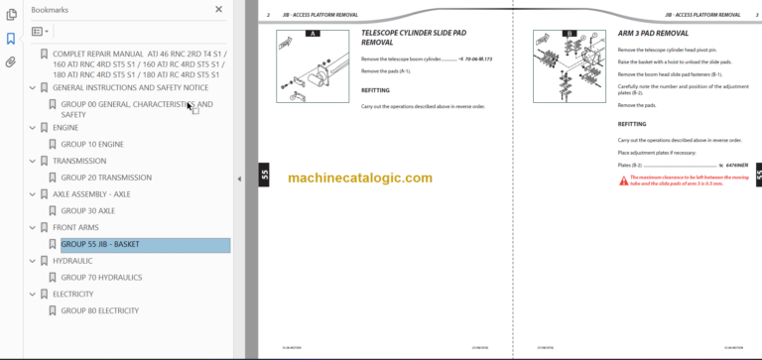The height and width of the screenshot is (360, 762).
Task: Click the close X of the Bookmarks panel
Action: pos(219,9)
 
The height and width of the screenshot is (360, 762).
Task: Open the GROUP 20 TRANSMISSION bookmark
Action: pos(106,178)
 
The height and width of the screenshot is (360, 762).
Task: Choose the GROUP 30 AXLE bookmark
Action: pos(87,211)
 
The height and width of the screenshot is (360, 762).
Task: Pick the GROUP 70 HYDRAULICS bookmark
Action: pos(101,278)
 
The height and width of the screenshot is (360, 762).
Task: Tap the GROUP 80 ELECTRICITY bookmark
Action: pos(99,310)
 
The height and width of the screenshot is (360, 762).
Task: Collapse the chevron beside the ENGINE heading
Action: pos(33,128)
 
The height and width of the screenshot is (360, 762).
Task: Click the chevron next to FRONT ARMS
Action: pos(33,228)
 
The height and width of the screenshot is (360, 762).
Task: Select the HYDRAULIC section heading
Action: pos(72,261)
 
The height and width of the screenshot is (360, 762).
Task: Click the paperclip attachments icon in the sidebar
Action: pos(11,61)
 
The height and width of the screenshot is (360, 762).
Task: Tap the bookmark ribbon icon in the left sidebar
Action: pos(11,39)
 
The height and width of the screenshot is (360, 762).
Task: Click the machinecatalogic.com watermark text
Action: pos(360,178)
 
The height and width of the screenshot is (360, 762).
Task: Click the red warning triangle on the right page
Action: pos(623,180)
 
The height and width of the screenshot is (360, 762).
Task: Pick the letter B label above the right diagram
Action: pos(571,34)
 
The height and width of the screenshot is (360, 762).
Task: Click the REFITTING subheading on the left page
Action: pos(377,90)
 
